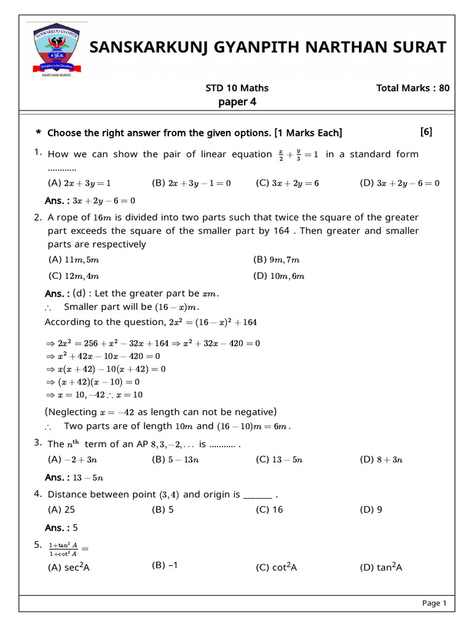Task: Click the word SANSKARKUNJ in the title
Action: pyautogui.click(x=158, y=47)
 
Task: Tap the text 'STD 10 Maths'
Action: pyautogui.click(x=237, y=88)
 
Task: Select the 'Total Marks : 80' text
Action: pyautogui.click(x=412, y=88)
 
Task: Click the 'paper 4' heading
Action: pyautogui.click(x=237, y=102)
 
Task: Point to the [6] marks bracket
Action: pyautogui.click(x=426, y=131)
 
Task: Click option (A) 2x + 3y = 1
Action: pyautogui.click(x=79, y=183)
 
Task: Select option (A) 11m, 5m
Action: pyautogui.click(x=73, y=260)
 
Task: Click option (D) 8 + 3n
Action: pyautogui.click(x=381, y=459)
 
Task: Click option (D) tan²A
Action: pyautogui.click(x=381, y=568)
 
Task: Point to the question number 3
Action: pyautogui.click(x=37, y=442)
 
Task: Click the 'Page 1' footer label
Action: pyautogui.click(x=434, y=603)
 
